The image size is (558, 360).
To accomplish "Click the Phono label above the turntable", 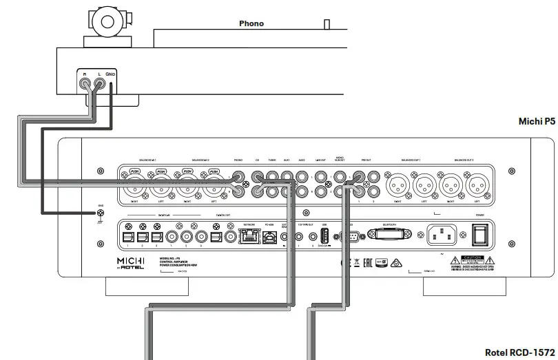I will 251,23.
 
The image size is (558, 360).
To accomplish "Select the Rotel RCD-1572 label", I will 519,352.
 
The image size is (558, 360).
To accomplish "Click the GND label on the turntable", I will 112,73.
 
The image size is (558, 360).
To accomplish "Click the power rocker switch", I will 481,235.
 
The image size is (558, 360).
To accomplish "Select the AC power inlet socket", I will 442,235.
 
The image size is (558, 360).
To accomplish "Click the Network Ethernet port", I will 249,237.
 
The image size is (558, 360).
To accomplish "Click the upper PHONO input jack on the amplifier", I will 238,176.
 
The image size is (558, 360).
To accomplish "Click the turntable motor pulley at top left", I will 107,21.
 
